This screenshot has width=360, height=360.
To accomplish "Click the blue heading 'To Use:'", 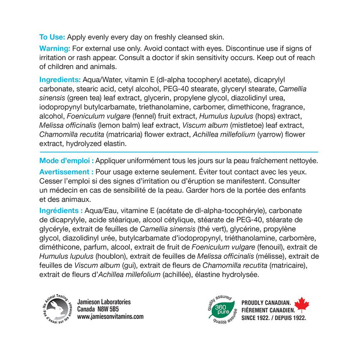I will [52, 37].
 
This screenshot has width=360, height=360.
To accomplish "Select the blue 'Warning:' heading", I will [55, 49].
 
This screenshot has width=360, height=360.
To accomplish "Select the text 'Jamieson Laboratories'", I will [104, 302].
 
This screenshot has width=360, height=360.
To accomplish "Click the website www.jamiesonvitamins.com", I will [110, 316].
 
